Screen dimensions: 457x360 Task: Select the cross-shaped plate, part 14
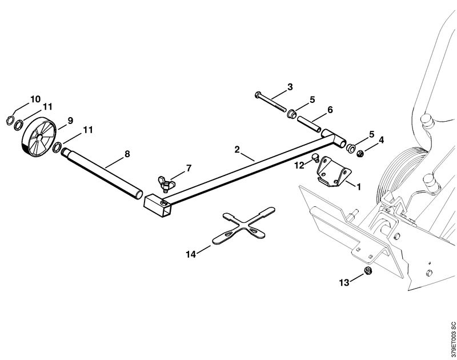pos(244,226)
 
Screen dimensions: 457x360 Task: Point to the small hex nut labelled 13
pos(368,270)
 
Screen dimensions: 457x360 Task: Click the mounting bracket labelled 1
pos(333,172)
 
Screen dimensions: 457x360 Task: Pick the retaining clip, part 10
pos(10,120)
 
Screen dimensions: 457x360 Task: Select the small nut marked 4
pos(360,153)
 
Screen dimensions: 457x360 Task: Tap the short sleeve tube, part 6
pos(308,124)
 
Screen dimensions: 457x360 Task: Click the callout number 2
pos(237,150)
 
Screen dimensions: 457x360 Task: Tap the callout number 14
pos(191,254)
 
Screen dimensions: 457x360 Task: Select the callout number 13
pos(344,282)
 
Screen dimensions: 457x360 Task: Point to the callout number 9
pos(70,121)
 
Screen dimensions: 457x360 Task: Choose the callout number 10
pos(35,99)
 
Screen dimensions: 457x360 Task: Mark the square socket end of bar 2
pos(158,205)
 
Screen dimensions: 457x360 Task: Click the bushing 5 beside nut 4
pos(351,147)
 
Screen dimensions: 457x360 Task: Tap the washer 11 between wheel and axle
pos(57,147)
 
